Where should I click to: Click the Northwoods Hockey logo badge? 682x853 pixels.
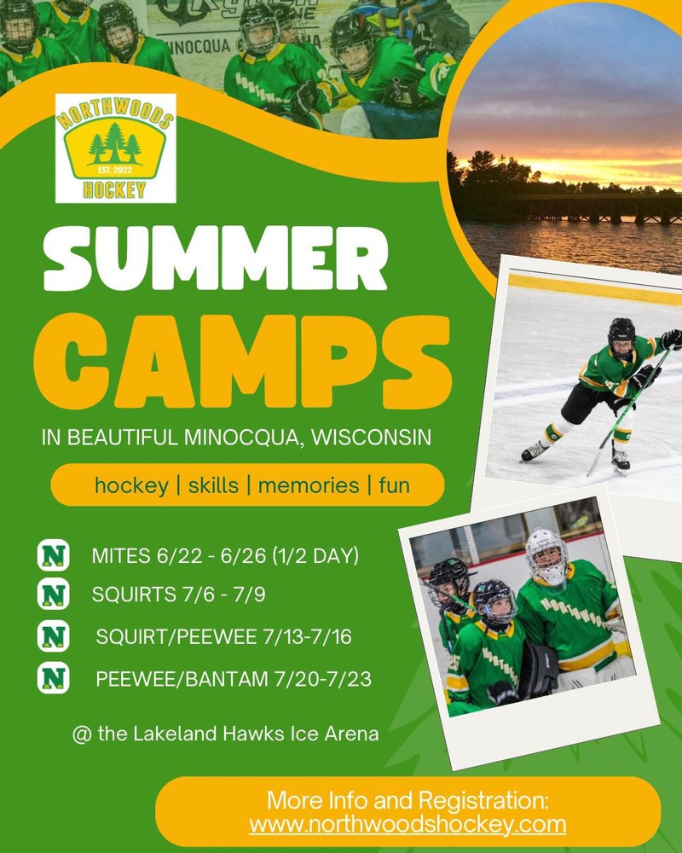115,148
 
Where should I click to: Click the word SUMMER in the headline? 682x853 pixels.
216,259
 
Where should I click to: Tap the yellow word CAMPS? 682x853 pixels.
243,361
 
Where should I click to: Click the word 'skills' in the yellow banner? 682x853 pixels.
213,485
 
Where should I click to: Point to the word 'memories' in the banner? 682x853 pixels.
309,485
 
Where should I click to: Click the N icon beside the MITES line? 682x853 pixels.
54,555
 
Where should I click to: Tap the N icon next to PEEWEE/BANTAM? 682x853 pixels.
54,678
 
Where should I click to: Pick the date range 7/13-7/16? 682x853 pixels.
307,636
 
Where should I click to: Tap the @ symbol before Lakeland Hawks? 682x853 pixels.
82,734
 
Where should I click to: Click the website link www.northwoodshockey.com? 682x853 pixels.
407,824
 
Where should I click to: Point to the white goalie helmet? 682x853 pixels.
547,556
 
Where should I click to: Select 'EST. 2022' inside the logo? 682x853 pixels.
115,171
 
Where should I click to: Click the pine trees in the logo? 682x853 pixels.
115,143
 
